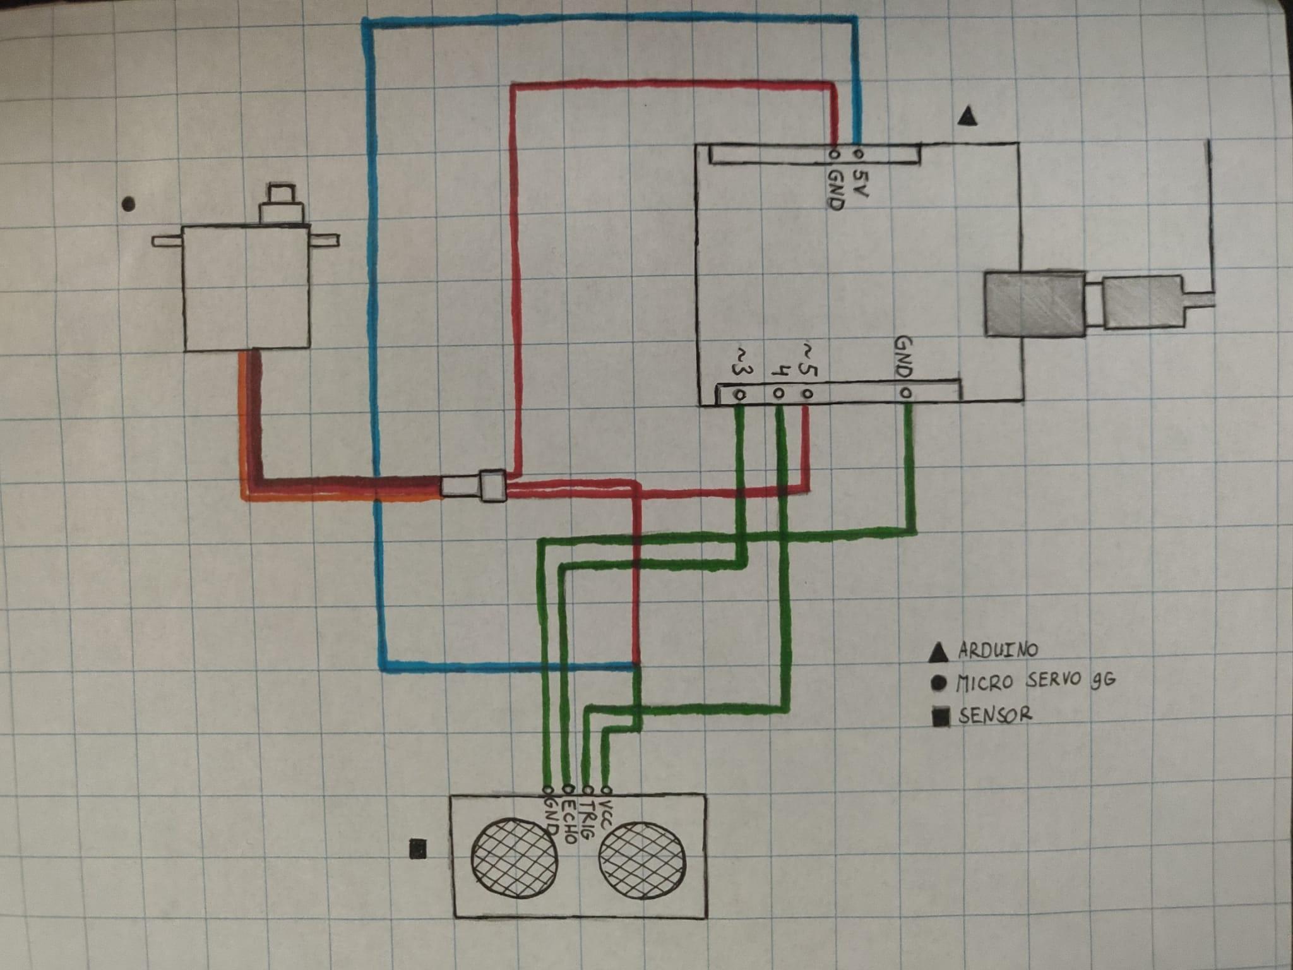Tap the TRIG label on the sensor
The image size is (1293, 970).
pos(586,822)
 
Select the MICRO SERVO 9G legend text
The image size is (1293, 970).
pos(1035,681)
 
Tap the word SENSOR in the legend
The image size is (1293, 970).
pos(995,716)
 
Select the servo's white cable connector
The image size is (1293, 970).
pos(473,486)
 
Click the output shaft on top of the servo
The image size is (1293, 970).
pos(282,202)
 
